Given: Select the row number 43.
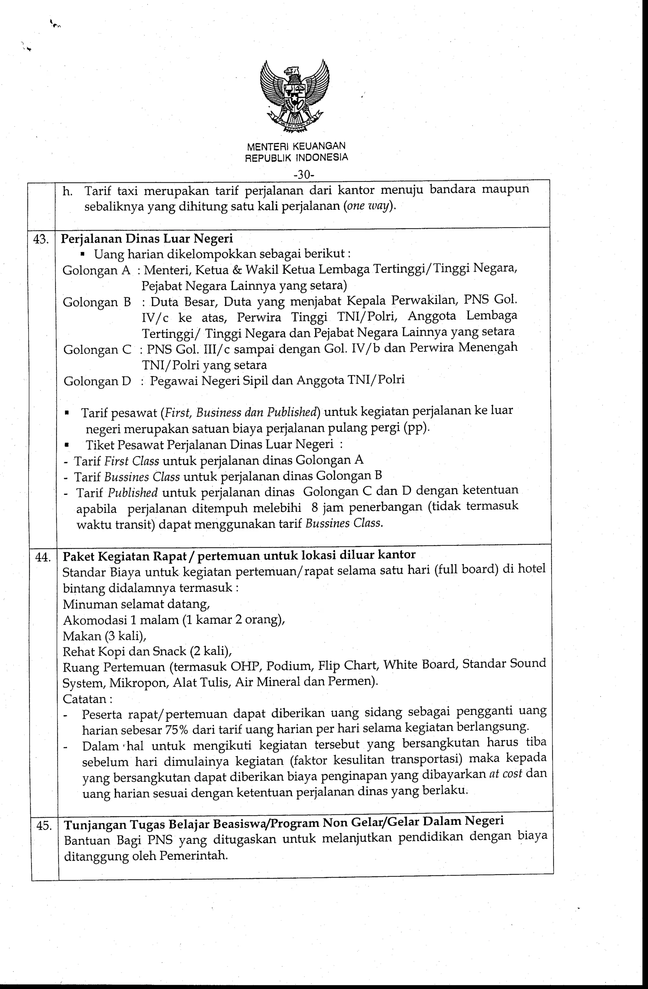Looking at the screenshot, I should point(41,239).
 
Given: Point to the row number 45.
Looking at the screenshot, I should point(44,825).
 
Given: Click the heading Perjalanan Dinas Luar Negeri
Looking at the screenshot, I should point(147,239).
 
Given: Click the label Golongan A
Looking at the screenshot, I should point(96,271).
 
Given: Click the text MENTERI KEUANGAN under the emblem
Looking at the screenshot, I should point(296,146).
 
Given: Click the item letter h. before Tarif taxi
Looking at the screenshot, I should point(67,192).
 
